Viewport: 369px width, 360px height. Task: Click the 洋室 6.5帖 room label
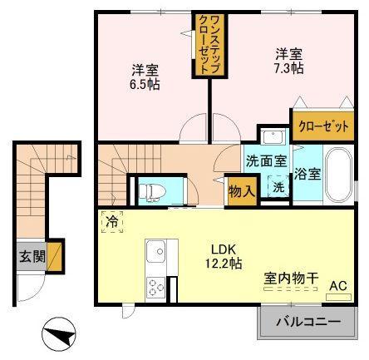[145, 77]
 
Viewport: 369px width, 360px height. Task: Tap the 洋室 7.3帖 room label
[288, 61]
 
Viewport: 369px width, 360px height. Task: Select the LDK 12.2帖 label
[224, 257]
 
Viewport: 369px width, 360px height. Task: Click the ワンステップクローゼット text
[209, 44]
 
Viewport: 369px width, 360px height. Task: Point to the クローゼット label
[323, 126]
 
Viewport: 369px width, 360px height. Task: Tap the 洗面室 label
[266, 160]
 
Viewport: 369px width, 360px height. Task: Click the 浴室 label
[307, 174]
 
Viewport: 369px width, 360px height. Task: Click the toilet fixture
[152, 191]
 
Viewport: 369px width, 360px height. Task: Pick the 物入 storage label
[242, 191]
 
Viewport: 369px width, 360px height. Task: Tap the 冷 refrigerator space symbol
[112, 222]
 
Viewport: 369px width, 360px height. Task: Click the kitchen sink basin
[156, 251]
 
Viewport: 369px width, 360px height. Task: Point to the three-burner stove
[155, 288]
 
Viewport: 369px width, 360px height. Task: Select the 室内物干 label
[291, 279]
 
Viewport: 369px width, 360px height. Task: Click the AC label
[338, 286]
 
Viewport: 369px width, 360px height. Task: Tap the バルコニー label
[307, 322]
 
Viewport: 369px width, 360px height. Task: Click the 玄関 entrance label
[32, 257]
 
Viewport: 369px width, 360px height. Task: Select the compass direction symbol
[59, 334]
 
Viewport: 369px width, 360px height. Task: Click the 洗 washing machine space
[278, 187]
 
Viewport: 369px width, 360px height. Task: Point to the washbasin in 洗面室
[273, 136]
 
